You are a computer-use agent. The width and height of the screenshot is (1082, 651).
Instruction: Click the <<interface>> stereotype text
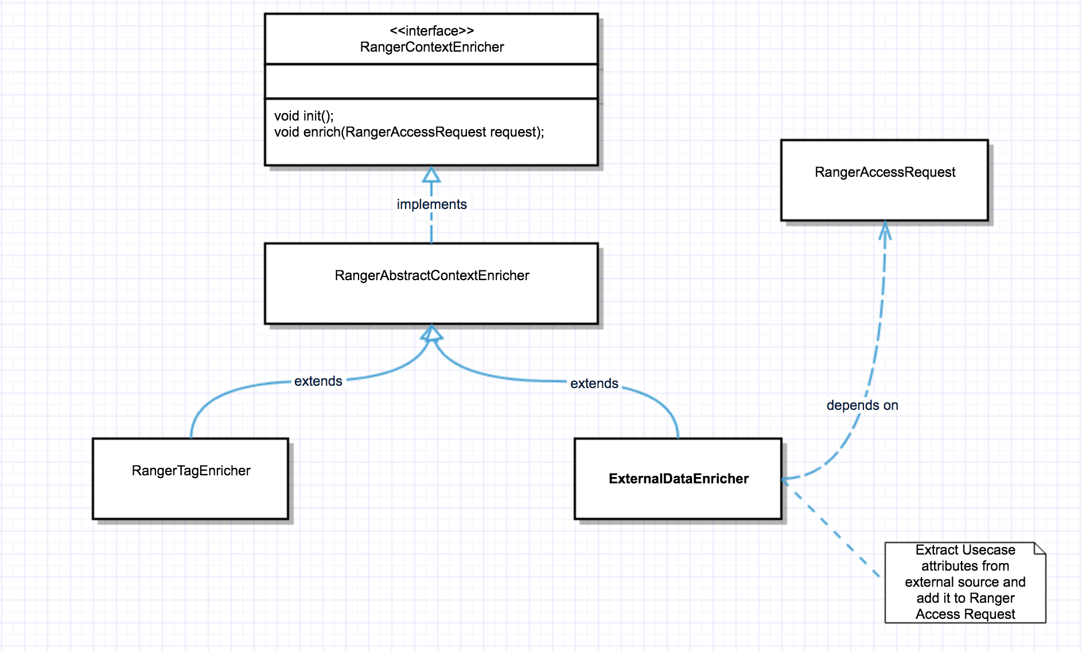coord(431,31)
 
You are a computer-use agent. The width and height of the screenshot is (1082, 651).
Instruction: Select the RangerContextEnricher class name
coord(431,47)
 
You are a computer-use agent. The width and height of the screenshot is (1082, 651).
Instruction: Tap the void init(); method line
coord(303,116)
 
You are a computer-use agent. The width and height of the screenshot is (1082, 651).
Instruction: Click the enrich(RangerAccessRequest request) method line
coord(408,132)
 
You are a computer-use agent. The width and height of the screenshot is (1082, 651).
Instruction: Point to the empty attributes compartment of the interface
coord(431,82)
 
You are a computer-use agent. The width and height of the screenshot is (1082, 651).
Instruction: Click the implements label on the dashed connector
coord(431,204)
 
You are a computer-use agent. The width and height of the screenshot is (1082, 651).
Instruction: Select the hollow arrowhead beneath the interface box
coord(431,175)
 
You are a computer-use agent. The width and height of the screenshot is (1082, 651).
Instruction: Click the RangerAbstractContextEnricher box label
coord(431,276)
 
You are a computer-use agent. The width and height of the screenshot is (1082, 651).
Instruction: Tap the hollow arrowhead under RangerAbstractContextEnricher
coord(431,333)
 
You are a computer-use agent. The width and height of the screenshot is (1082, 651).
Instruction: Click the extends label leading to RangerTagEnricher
coord(318,381)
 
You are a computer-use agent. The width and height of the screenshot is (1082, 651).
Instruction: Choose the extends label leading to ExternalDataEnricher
coord(594,383)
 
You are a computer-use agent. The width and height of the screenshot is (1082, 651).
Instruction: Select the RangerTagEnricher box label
coord(191,471)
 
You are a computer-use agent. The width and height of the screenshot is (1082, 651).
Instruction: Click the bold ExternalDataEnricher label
coord(678,479)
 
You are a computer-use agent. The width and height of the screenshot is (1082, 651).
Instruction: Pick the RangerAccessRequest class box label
coord(885,172)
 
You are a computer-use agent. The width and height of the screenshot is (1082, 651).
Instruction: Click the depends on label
coord(862,405)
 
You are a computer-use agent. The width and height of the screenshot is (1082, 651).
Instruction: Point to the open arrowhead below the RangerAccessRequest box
coord(885,231)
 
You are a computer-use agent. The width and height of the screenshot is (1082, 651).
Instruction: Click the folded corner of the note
coord(1040,549)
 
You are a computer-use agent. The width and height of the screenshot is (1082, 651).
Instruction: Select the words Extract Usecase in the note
coord(965,550)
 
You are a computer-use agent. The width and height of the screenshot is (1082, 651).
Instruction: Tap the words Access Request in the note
coord(965,614)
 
